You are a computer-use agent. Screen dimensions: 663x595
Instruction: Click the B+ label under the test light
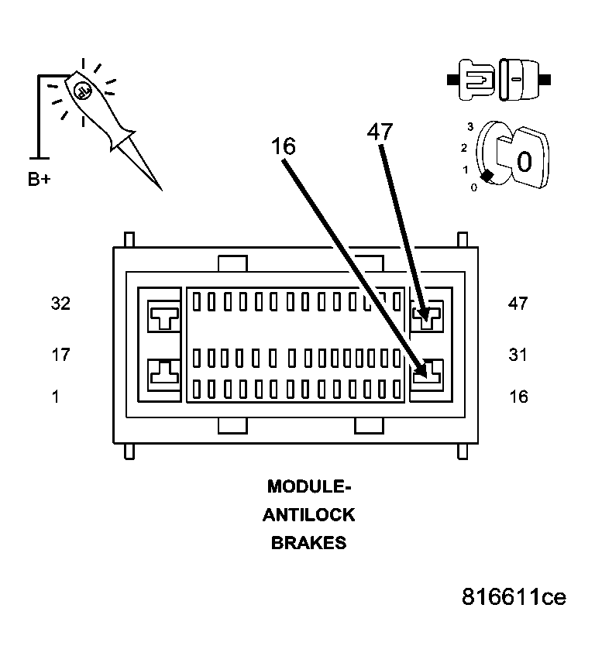click(40, 180)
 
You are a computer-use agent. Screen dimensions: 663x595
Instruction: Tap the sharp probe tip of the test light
click(160, 188)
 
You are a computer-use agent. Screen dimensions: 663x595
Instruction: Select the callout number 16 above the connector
click(283, 146)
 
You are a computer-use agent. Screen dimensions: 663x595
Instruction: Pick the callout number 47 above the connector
click(380, 132)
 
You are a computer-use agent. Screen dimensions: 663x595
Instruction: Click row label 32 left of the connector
click(60, 304)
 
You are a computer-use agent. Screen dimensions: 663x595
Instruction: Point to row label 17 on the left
click(60, 355)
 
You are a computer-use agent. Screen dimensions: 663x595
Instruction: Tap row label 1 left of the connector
click(55, 397)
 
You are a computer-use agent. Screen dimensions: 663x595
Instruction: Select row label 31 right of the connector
click(518, 355)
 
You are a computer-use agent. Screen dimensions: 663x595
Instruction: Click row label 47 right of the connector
click(518, 304)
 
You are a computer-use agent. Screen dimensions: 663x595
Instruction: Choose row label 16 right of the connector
click(518, 397)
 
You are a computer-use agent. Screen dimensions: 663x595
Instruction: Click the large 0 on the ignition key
click(524, 162)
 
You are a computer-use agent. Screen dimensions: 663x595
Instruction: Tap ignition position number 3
click(470, 126)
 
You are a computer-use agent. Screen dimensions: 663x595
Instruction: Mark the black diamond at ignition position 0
click(486, 177)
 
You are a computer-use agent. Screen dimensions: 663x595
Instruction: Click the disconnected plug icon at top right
click(499, 80)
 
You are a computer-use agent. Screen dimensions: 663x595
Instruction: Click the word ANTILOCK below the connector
click(308, 515)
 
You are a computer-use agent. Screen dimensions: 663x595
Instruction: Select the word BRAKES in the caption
click(308, 543)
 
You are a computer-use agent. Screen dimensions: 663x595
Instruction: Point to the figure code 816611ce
click(514, 597)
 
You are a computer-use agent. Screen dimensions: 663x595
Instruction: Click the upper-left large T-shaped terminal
click(164, 316)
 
